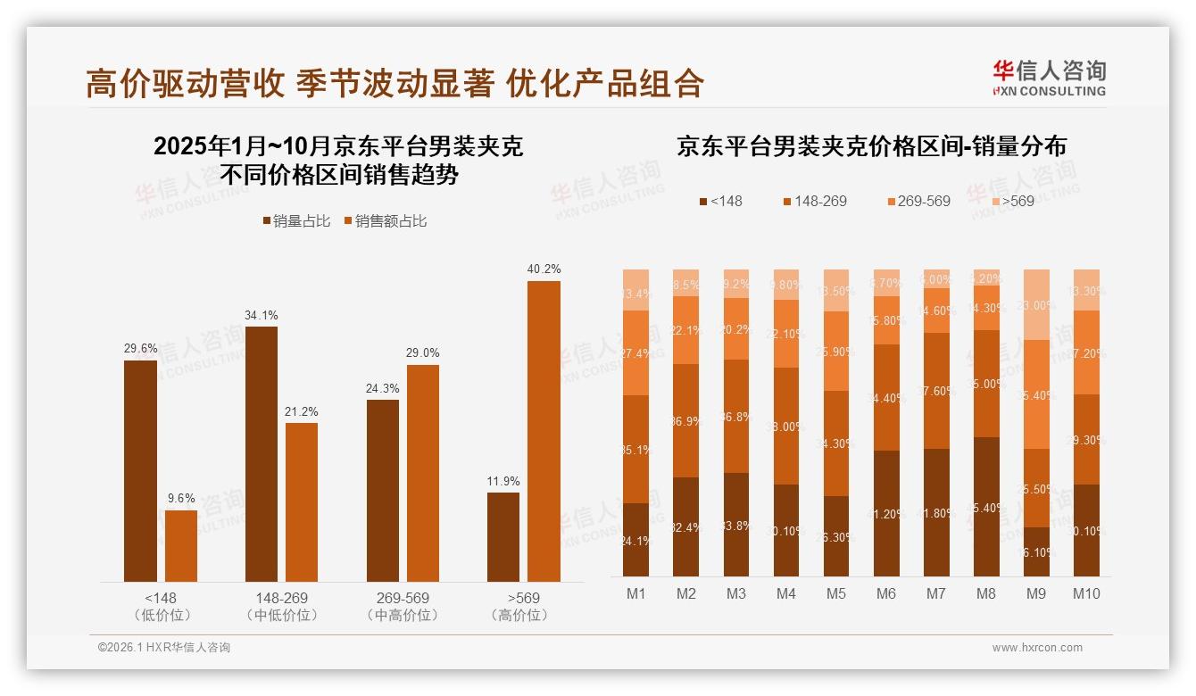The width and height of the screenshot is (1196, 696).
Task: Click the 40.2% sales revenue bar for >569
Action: pos(544,431)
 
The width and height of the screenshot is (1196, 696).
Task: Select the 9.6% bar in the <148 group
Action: pos(181,545)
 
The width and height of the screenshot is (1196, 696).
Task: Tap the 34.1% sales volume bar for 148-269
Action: pos(262,453)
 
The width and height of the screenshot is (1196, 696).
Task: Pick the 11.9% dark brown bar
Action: pos(503,536)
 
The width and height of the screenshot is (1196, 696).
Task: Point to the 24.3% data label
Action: pos(383,388)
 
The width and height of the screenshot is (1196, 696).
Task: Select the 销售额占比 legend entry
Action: pos(385,221)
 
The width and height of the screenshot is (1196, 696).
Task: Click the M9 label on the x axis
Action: pos(1036,593)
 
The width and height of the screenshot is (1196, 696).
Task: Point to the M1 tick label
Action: pos(635,593)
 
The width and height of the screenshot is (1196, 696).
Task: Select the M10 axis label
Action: pos(1086,593)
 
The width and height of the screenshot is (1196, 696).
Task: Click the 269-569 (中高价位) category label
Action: pos(403,606)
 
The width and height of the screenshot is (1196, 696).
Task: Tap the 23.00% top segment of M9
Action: pos(1036,304)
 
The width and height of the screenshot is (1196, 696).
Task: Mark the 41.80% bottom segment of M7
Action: pos(936,512)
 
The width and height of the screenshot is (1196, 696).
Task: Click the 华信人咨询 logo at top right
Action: pos(1049,78)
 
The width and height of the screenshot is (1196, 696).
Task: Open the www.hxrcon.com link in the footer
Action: pos(1036,648)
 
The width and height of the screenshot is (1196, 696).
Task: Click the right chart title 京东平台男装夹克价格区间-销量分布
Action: pos(871,146)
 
